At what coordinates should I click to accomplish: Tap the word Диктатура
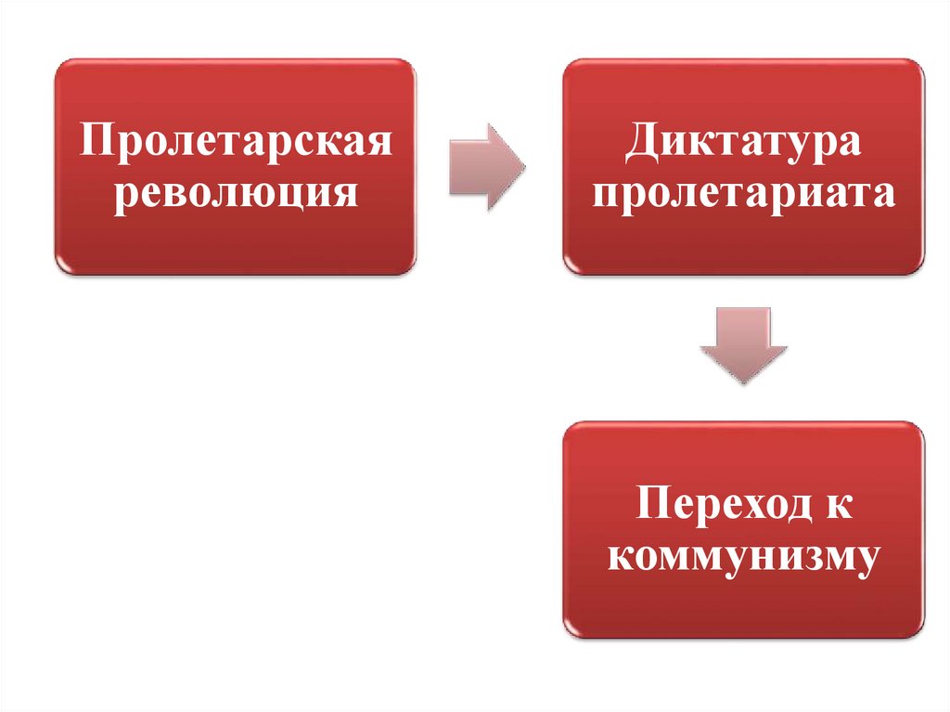743,145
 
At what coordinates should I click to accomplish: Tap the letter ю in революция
280,193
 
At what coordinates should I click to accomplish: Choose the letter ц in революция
312,194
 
